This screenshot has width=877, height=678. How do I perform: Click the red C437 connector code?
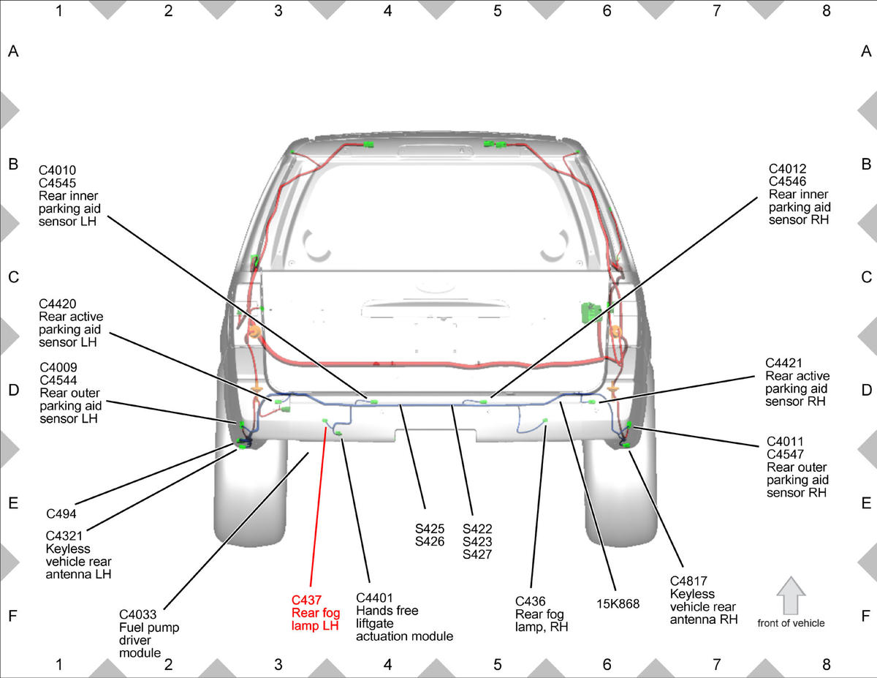point(306,600)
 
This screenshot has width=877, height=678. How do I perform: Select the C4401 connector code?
point(374,598)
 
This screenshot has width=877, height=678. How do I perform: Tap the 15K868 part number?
point(618,604)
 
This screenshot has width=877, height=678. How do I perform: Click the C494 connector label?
point(61,513)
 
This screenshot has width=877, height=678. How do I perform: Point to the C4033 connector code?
point(137,614)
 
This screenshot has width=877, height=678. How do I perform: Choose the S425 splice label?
point(430,529)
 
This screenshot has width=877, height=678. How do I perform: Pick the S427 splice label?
point(477,554)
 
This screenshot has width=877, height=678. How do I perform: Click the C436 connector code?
point(531,601)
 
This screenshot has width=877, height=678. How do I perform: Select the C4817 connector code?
point(688,581)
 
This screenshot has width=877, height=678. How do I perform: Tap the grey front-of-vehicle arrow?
point(791,596)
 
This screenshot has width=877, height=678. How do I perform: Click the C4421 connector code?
point(783,363)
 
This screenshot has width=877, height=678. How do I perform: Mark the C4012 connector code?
point(787,169)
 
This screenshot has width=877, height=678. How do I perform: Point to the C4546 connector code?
point(787,181)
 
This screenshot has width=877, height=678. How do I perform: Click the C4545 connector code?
point(57,183)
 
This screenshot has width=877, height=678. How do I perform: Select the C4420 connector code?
point(57,304)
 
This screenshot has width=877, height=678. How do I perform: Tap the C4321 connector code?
point(64,536)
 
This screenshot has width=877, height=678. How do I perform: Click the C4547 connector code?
point(785,454)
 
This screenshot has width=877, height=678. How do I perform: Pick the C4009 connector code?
point(58,367)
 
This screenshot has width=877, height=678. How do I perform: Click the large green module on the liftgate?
point(591,312)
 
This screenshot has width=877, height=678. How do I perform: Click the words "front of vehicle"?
point(791,623)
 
